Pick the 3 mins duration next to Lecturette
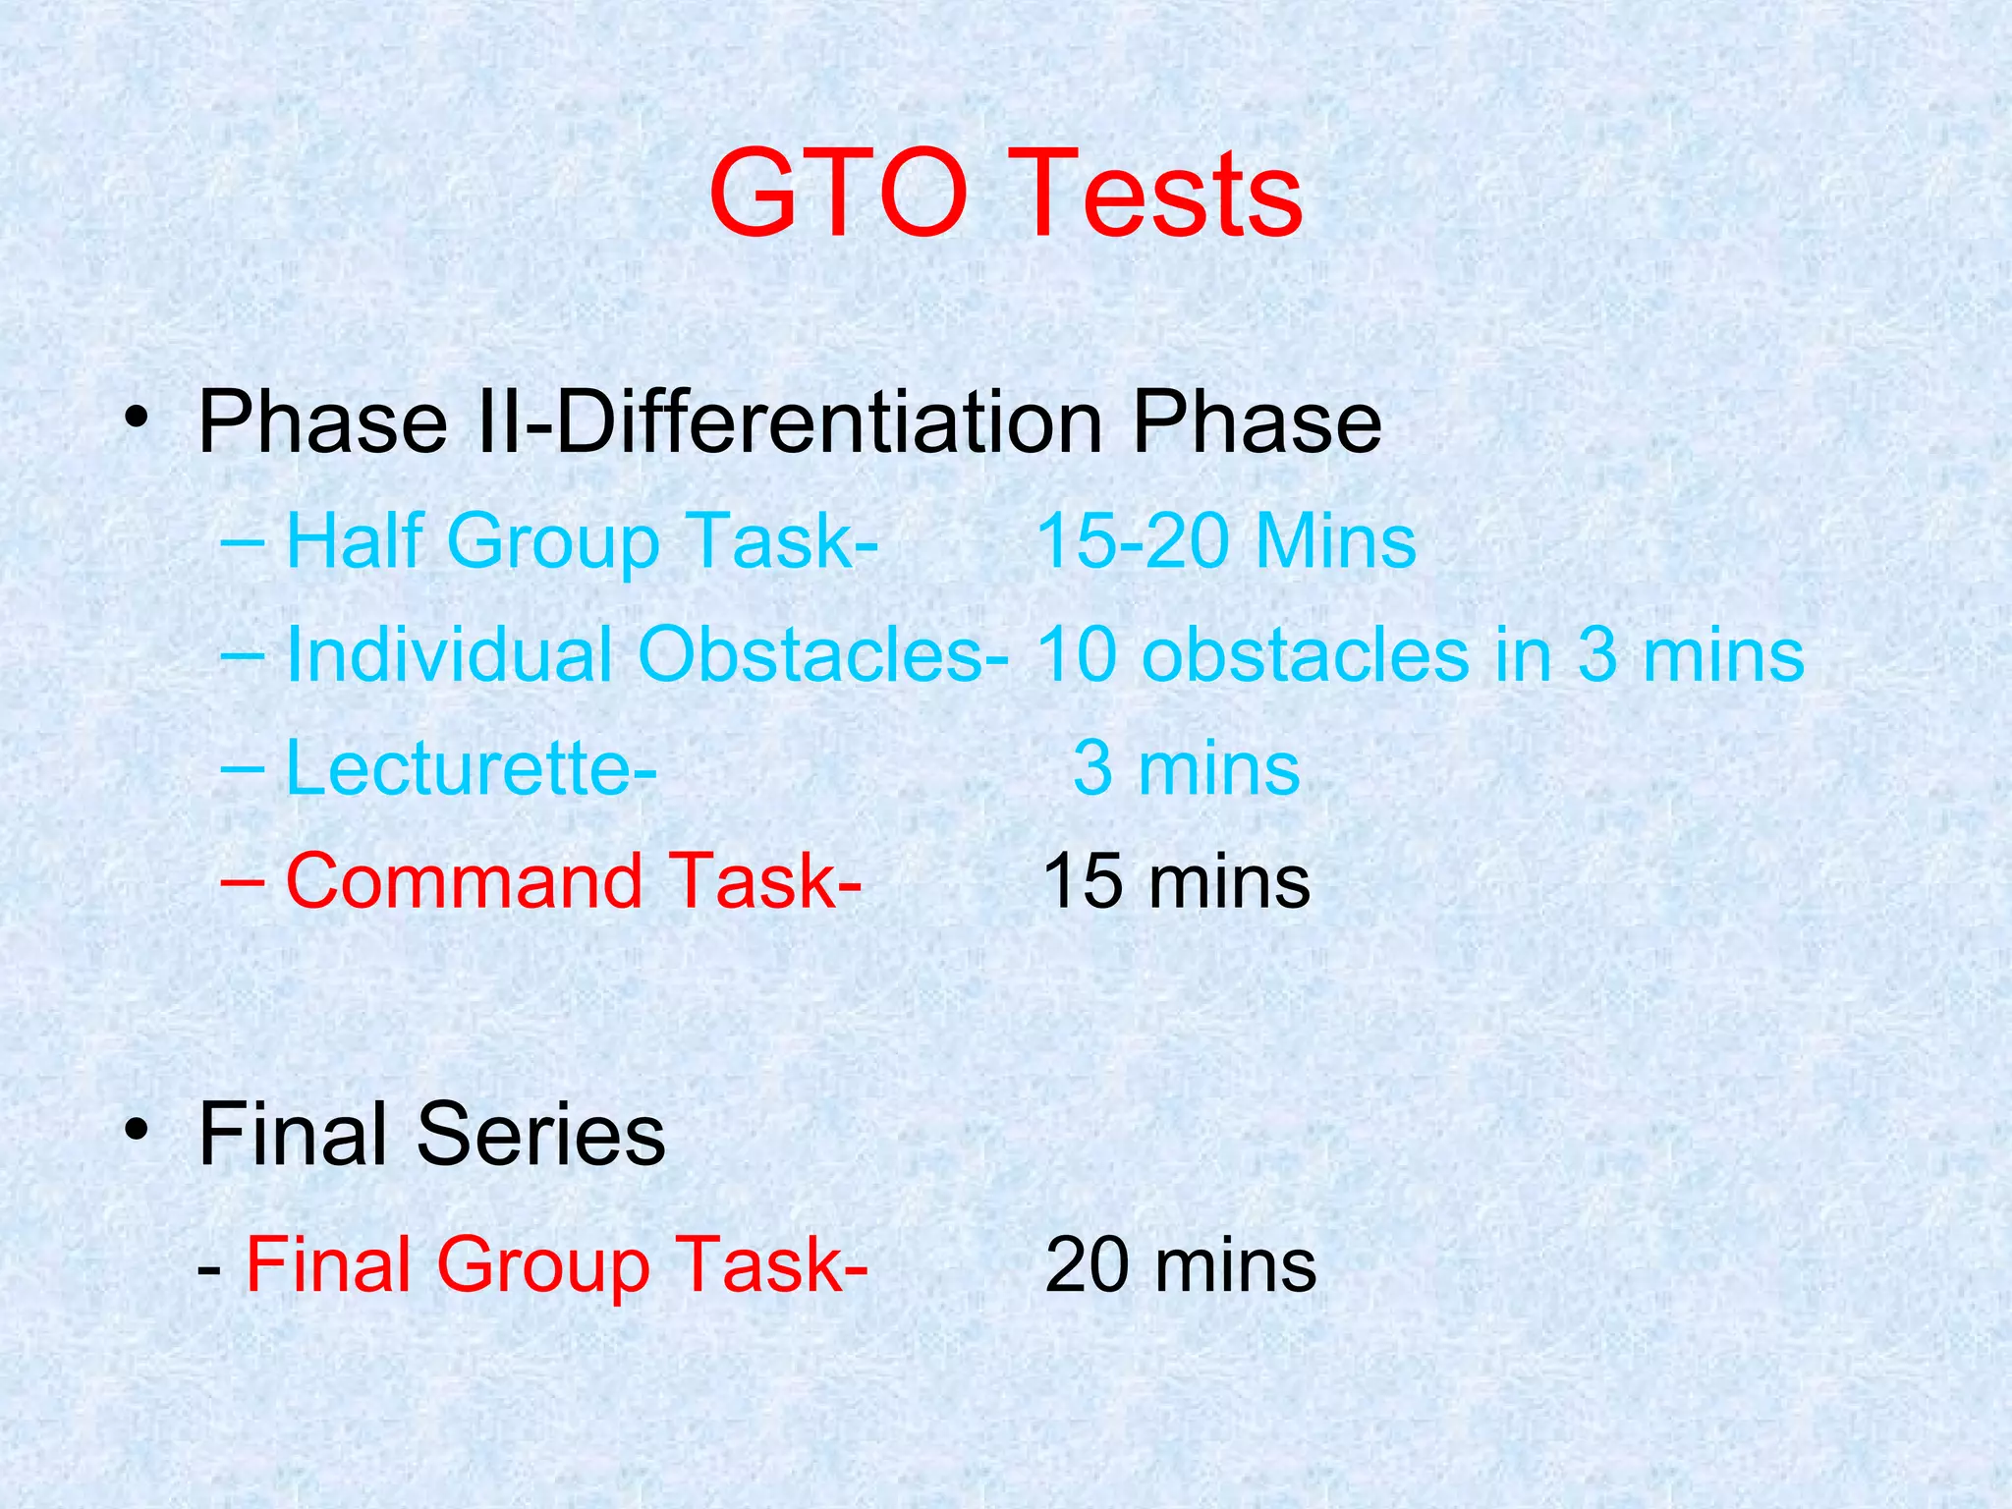pos(1186,767)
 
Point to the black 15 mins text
pos(1176,880)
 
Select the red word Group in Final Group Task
pos(543,1266)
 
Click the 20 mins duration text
pos(1180,1265)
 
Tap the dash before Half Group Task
pos(242,540)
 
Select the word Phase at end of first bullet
pos(1257,422)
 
